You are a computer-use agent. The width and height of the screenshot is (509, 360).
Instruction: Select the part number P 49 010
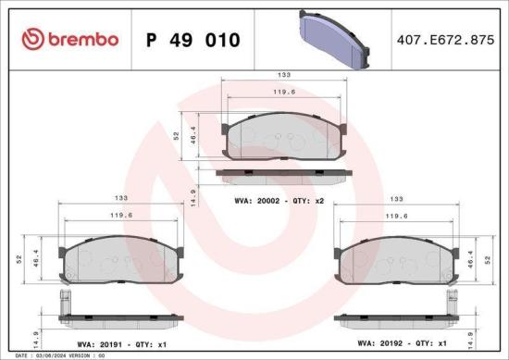[194, 40]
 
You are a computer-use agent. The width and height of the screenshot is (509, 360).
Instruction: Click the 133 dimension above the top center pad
[285, 74]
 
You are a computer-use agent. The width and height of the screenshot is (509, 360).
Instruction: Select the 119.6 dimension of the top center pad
[285, 92]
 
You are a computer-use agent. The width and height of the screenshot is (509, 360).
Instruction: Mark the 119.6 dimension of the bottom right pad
[398, 216]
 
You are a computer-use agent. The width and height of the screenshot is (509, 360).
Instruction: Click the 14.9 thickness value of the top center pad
[192, 196]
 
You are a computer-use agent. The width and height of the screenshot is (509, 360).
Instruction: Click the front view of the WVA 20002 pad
[285, 137]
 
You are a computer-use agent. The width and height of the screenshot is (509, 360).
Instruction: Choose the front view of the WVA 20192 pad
[398, 264]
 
